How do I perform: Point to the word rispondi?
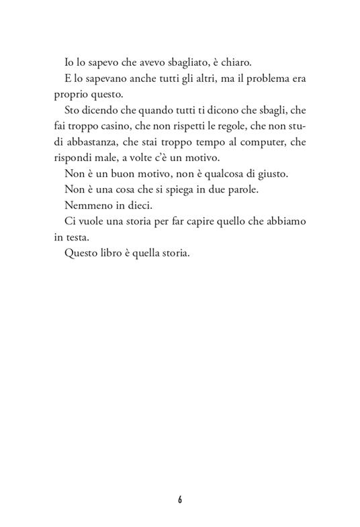(75, 158)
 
